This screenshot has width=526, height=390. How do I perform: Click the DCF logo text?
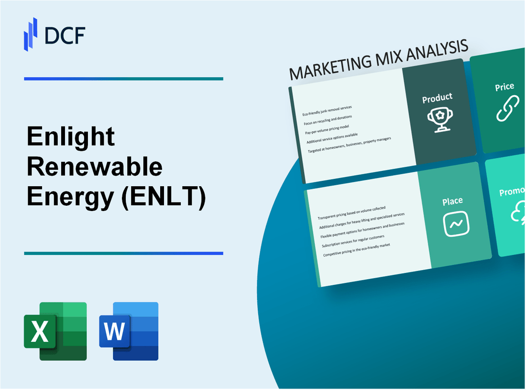tap(65, 36)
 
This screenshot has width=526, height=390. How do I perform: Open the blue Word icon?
tap(129, 331)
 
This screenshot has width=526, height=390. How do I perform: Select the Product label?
tap(437, 98)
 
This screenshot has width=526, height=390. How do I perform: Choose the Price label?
tap(504, 87)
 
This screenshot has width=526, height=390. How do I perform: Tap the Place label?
tap(452, 201)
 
